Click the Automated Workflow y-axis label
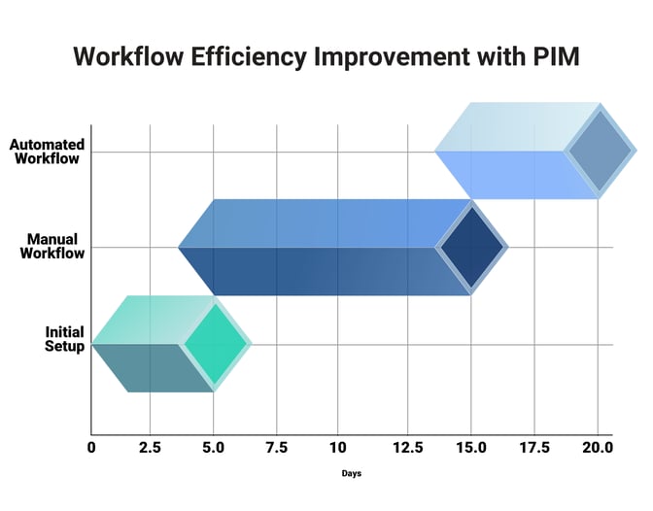(x=47, y=152)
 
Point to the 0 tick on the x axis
(x=91, y=447)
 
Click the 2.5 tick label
(x=150, y=447)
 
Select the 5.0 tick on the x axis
(x=214, y=447)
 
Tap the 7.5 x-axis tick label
(x=277, y=447)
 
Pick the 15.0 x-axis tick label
(x=471, y=447)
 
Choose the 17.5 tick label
(x=534, y=447)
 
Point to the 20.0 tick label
(x=597, y=447)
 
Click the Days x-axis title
(x=352, y=474)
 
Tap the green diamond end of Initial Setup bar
(x=215, y=343)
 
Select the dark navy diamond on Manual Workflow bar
(x=471, y=247)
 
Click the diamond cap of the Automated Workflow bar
(x=599, y=152)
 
